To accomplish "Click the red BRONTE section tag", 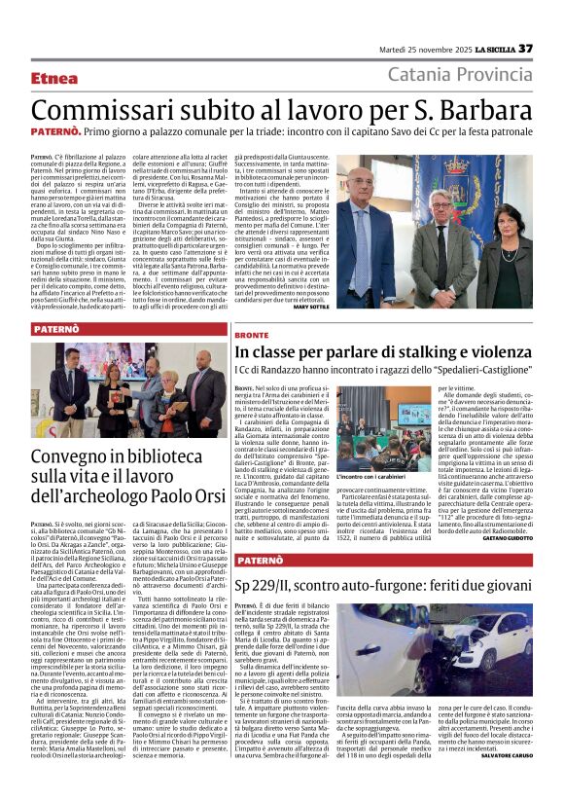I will [x=251, y=333].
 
